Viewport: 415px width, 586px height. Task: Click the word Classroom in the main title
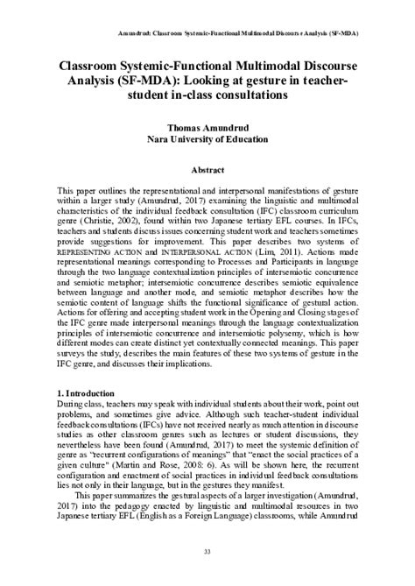95,65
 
